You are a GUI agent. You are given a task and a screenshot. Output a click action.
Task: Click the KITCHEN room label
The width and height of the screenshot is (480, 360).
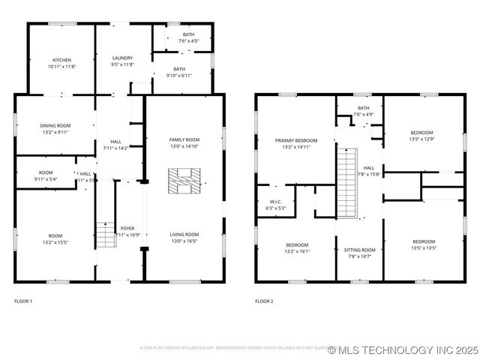[x=61, y=60]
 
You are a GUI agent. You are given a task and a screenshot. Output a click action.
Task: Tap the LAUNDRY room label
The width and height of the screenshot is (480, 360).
[x=122, y=58]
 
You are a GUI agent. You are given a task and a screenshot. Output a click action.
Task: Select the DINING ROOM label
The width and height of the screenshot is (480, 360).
[x=55, y=125]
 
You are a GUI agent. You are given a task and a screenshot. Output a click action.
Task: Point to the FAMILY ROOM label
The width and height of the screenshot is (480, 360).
[x=184, y=139]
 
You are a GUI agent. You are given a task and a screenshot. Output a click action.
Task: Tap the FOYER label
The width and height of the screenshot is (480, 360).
[x=127, y=228]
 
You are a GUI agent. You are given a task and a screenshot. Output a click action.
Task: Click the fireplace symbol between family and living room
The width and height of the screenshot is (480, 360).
[x=184, y=181]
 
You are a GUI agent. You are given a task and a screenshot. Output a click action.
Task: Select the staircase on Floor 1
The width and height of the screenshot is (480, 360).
[x=104, y=234]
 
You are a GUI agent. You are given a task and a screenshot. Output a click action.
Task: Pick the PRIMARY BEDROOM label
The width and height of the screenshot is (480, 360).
[x=295, y=140]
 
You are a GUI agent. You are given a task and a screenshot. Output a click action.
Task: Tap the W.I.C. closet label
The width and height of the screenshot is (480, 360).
[x=275, y=201]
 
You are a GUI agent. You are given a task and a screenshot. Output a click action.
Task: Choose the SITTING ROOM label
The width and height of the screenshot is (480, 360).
[x=359, y=249]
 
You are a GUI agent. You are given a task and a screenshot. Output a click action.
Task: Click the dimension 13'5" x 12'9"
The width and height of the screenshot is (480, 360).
[x=421, y=139]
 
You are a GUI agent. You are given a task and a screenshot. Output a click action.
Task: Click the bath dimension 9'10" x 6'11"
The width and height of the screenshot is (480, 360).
[x=178, y=75]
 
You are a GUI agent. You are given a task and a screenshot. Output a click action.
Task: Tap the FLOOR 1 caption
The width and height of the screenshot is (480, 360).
[x=24, y=301]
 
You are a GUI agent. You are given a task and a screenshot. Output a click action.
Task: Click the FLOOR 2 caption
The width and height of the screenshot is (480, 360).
[x=264, y=301]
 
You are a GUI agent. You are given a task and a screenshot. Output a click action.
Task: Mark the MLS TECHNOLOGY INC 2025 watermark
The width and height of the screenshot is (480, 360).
[x=403, y=350]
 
